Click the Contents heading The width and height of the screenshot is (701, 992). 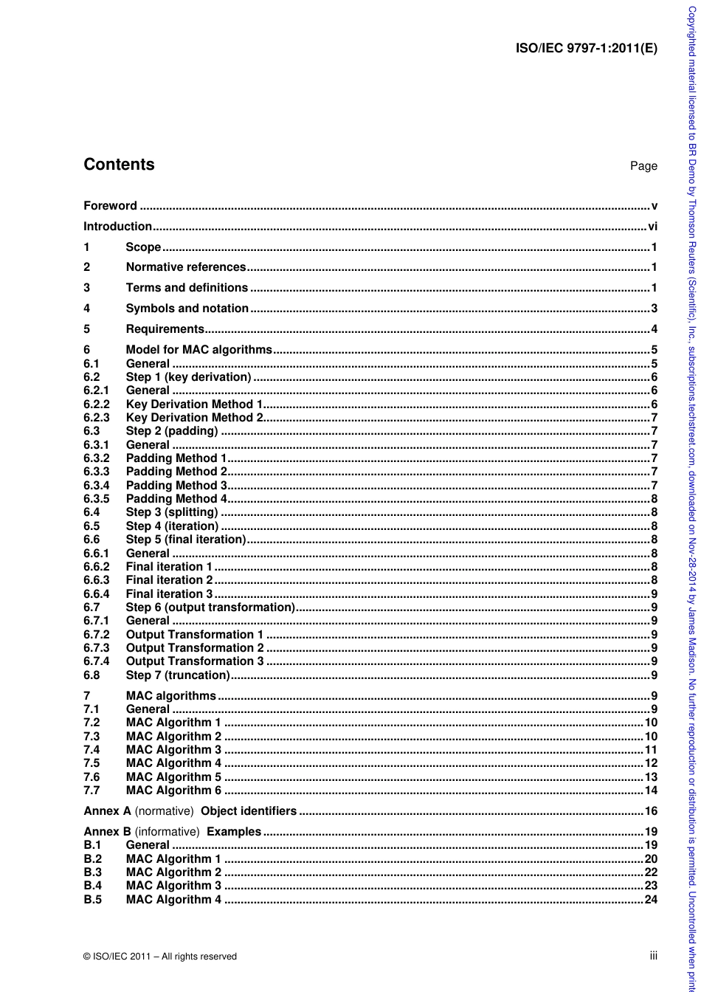tap(119, 165)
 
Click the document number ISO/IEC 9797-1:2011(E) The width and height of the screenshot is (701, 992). tap(586, 49)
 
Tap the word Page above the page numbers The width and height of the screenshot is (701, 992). tap(643, 166)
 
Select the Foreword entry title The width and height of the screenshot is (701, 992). tap(110, 206)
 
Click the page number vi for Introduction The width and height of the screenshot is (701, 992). tap(652, 227)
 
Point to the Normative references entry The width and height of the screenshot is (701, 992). tap(185, 267)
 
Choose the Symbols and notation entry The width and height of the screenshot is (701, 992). tap(187, 309)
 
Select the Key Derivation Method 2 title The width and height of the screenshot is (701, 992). tap(194, 418)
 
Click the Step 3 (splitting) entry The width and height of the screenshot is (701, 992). tap(172, 512)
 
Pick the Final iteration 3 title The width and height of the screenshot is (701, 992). tap(169, 593)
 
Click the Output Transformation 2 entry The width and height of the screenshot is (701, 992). tap(195, 648)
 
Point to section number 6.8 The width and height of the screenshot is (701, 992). tap(91, 675)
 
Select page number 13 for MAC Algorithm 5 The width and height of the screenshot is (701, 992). tap(651, 776)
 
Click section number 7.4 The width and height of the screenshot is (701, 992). tap(91, 750)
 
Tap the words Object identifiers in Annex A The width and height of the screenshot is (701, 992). tap(249, 811)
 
